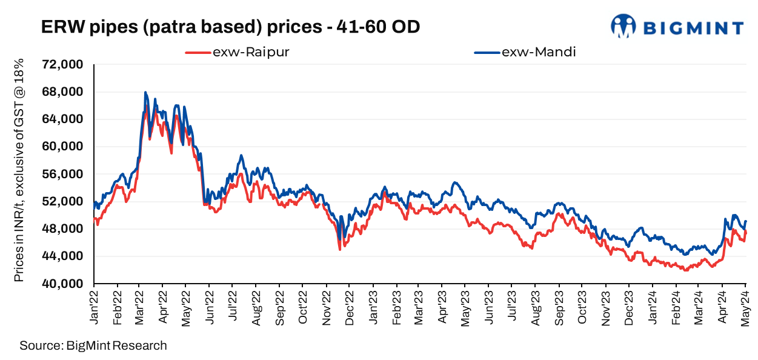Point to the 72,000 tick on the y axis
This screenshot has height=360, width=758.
(62, 65)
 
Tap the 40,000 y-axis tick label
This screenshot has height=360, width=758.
(62, 284)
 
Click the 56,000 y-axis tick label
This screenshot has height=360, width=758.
(62, 174)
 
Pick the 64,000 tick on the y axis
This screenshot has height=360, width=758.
(62, 119)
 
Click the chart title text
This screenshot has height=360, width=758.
(230, 27)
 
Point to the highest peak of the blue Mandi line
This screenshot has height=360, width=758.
(145, 92)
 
